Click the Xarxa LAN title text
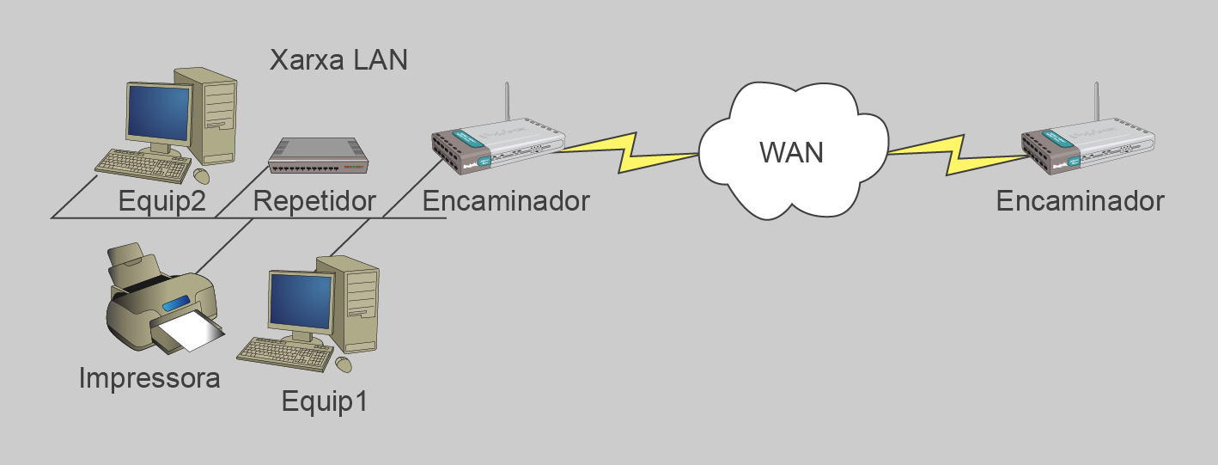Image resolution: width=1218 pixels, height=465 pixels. [x=338, y=60]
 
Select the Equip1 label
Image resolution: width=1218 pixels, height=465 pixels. [x=325, y=401]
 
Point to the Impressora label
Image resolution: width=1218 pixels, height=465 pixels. [x=149, y=377]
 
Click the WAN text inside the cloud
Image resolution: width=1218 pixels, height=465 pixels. [x=791, y=152]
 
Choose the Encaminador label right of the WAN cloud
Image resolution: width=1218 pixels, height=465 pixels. [x=1080, y=201]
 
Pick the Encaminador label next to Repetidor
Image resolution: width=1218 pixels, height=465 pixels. [x=506, y=201]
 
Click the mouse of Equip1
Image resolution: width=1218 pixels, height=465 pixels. [x=344, y=364]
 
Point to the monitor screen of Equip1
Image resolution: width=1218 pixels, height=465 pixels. [x=301, y=301]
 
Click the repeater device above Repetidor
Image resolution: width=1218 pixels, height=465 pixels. [x=318, y=155]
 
